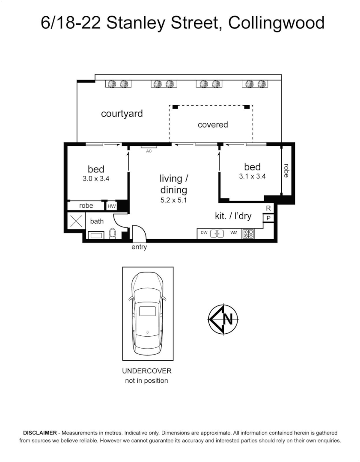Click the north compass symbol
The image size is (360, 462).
click(x=223, y=319)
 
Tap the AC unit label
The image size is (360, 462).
click(x=149, y=151)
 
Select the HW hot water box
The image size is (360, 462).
click(x=111, y=206)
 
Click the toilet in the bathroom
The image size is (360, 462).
click(x=113, y=233)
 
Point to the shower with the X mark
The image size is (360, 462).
click(x=76, y=221)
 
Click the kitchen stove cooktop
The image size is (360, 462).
click(x=248, y=234)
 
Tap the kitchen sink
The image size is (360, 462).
click(x=217, y=234)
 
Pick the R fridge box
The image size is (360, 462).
click(x=268, y=208)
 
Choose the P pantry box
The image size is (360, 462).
click(x=268, y=218)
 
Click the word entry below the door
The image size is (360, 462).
click(x=140, y=247)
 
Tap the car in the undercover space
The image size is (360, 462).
click(x=148, y=313)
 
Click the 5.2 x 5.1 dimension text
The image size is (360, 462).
click(x=173, y=200)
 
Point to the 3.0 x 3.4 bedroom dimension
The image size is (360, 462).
click(x=96, y=179)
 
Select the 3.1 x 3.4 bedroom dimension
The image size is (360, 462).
click(x=252, y=176)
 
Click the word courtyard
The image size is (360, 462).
click(x=122, y=114)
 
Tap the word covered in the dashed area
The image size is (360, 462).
click(x=213, y=125)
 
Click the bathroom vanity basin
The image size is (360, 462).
click(x=95, y=235)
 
